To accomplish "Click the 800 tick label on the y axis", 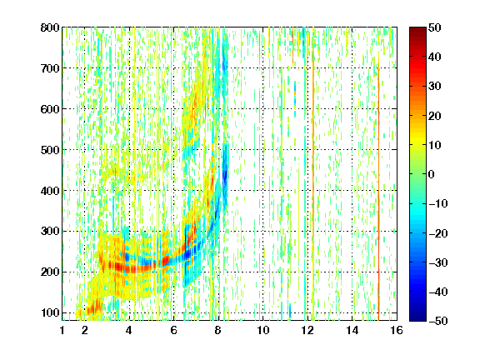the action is click(50, 27).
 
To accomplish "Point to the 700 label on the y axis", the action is click(50, 68).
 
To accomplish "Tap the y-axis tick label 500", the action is click(50, 150).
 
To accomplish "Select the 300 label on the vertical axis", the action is click(50, 232).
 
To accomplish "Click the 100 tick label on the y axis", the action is click(50, 312).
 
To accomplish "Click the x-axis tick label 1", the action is click(62, 330).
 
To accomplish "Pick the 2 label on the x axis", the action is click(84, 330).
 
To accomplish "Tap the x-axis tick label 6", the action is click(174, 330).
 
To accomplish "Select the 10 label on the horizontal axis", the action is click(263, 330).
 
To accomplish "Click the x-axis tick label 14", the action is click(352, 330).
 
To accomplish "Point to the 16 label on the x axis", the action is click(397, 330).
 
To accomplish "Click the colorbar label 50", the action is click(435, 27).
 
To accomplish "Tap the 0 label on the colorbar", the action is click(432, 174).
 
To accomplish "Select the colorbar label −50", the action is click(438, 321).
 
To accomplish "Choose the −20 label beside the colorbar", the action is click(438, 233).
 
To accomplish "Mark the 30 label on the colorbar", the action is click(435, 87).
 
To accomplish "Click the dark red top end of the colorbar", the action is click(417, 29).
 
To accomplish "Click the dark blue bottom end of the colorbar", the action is click(417, 318).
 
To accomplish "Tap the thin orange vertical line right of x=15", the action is click(378, 190).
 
